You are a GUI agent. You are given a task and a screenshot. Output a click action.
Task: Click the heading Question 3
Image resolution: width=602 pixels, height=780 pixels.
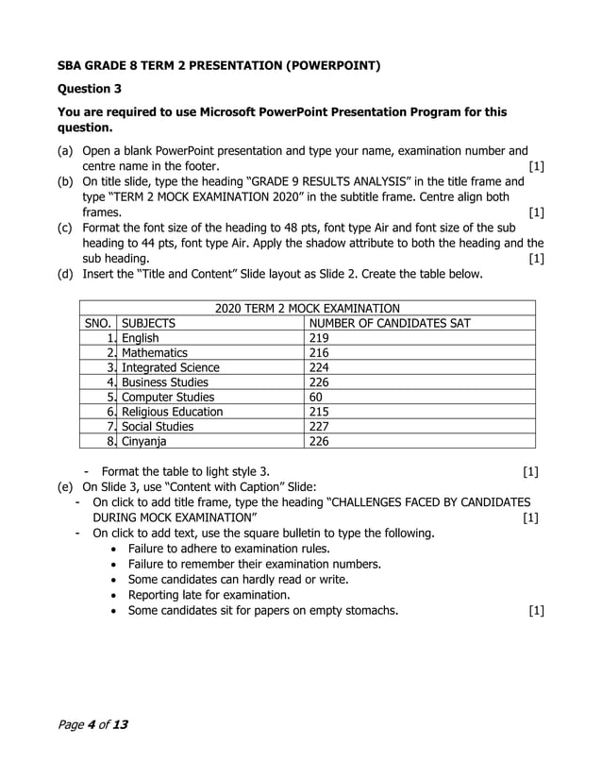pyautogui.click(x=90, y=90)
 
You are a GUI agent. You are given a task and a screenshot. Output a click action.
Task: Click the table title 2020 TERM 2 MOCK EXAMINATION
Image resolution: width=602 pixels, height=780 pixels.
pyautogui.click(x=307, y=308)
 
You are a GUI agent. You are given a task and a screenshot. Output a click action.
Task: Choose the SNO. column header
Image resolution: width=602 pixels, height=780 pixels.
pyautogui.click(x=98, y=323)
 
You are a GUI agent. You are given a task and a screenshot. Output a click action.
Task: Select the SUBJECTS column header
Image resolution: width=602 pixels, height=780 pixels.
pyautogui.click(x=148, y=323)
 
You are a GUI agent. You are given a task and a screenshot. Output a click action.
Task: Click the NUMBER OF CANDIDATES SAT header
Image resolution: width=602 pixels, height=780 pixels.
pyautogui.click(x=390, y=323)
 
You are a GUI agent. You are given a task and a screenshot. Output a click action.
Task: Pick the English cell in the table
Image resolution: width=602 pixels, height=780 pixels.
pyautogui.click(x=141, y=338)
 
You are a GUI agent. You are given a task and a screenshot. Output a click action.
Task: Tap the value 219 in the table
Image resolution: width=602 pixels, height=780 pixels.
pyautogui.click(x=320, y=338)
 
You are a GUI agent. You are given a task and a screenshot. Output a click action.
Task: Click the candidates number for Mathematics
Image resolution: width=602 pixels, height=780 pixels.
pyautogui.click(x=320, y=352)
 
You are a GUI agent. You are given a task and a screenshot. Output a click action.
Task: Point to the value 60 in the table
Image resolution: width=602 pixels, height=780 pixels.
pyautogui.click(x=316, y=397)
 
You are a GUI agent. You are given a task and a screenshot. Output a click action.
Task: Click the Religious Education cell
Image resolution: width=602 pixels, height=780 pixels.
pyautogui.click(x=173, y=412)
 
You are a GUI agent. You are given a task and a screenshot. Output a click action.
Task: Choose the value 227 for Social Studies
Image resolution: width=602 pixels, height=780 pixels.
pyautogui.click(x=320, y=426)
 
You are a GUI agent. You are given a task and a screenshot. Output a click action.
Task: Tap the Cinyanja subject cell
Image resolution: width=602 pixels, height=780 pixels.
pyautogui.click(x=145, y=441)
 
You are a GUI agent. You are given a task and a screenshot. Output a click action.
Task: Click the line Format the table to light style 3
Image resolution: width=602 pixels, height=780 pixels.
pyautogui.click(x=191, y=471)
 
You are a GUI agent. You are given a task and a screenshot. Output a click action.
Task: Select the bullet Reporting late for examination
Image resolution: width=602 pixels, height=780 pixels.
pyautogui.click(x=209, y=595)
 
